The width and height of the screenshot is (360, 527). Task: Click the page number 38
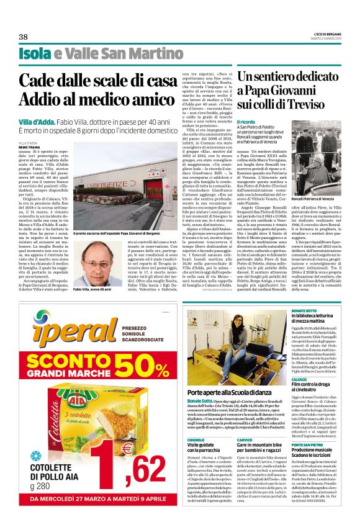pos(24,37)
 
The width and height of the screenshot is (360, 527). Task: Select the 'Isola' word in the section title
pos(34,53)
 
